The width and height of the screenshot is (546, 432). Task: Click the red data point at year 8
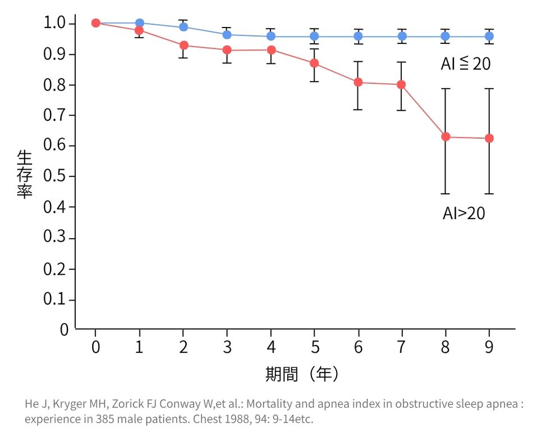446,137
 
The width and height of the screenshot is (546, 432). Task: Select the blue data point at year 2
183,27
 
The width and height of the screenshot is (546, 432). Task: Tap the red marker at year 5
314,63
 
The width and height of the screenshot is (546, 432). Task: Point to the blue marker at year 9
489,37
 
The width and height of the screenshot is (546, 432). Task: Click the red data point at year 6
358,83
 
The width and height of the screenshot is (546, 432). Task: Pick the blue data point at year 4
271,37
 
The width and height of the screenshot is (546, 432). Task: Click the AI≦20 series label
465,64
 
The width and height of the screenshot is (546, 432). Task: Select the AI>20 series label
464,213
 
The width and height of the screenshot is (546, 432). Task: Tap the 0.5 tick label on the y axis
55,177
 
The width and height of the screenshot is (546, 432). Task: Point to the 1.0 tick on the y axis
55,24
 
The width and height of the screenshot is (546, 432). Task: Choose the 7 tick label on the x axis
402,347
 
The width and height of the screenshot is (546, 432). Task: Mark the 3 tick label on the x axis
227,347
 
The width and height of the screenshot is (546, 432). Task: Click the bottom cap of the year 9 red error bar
489,194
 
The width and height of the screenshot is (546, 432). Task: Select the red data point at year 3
227,50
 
